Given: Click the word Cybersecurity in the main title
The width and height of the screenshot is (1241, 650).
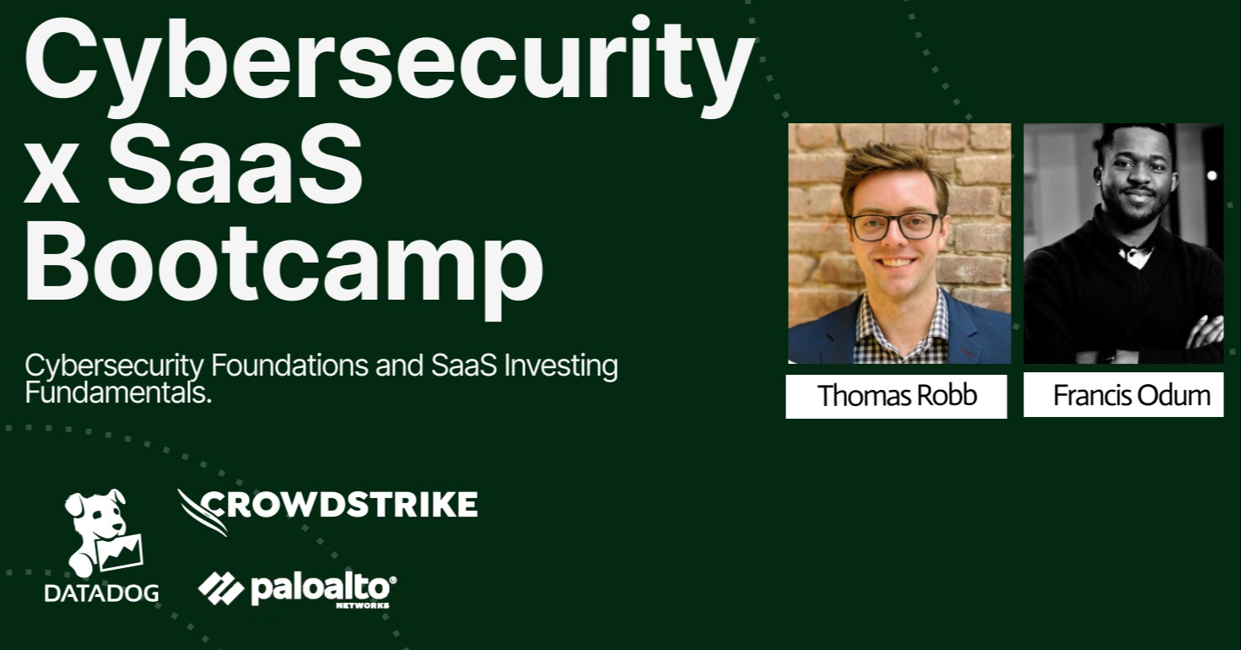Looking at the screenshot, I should point(388,61).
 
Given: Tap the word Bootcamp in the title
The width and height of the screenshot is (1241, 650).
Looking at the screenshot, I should point(283,263).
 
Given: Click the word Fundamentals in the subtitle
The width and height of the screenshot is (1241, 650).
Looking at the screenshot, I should point(117,393).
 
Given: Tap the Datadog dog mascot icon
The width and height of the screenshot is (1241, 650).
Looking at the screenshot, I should point(101,532).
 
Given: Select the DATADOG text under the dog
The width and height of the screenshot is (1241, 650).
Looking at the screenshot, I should point(101,593).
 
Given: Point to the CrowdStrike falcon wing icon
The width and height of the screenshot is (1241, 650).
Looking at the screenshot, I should point(202,510).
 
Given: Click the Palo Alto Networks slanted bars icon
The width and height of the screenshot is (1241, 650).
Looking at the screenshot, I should point(221,588).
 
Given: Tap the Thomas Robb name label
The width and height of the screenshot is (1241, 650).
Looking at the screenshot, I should point(897,396).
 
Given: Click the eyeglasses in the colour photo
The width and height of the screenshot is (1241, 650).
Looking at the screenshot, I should point(895,225).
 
